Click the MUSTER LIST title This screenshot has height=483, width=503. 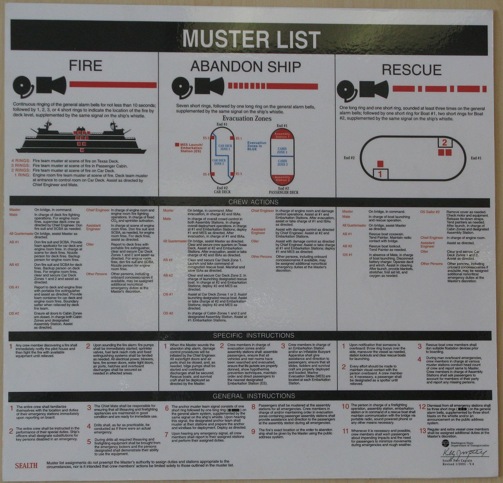pos(251,39)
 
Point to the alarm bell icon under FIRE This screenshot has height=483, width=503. pos(22,86)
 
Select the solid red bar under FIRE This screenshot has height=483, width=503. pos(112,85)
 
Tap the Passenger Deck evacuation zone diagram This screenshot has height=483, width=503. pos(282,157)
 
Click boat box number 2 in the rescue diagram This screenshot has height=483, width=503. pos(444,142)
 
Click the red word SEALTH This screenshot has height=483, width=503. pos(26,466)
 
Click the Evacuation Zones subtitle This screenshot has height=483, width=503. pos(247,118)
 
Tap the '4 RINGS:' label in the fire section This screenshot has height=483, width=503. pos(20,161)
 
